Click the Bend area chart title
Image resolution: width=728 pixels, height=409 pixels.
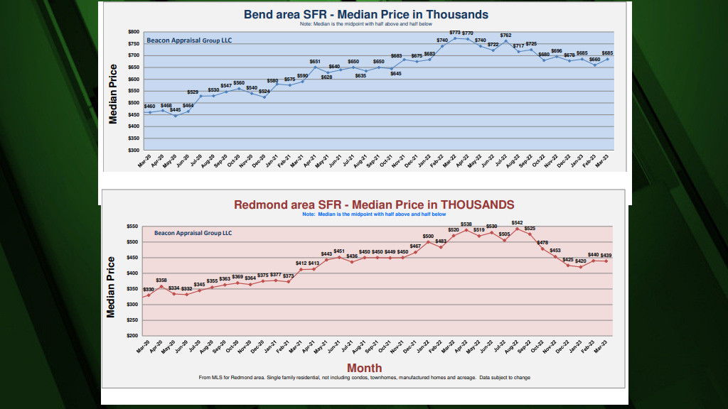[x=365, y=14]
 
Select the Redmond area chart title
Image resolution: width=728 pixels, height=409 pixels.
[x=374, y=204]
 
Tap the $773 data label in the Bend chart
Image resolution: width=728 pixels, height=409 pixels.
[x=456, y=31]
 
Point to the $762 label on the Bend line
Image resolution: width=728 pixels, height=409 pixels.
[x=505, y=36]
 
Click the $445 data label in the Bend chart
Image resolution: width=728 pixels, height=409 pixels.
[x=175, y=110]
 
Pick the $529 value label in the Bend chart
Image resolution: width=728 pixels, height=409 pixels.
[x=193, y=92]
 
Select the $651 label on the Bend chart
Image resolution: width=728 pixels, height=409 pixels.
[x=315, y=61]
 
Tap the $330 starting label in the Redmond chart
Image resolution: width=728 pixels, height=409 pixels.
[x=149, y=290]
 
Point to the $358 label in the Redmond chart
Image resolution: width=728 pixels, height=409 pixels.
[x=161, y=280]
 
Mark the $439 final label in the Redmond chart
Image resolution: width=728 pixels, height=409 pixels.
[x=606, y=256]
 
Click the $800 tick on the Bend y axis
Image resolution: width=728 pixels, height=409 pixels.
[x=133, y=32]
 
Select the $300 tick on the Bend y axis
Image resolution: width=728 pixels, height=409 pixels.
[x=133, y=151]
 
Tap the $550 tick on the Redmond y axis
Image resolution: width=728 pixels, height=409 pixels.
[x=132, y=227]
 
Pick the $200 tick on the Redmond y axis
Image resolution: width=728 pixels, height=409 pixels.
[x=132, y=335]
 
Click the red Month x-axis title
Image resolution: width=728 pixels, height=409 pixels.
[x=364, y=368]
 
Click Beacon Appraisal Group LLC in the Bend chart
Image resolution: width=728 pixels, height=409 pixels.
[x=189, y=40]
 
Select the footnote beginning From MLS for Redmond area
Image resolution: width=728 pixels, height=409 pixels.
[x=364, y=378]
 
